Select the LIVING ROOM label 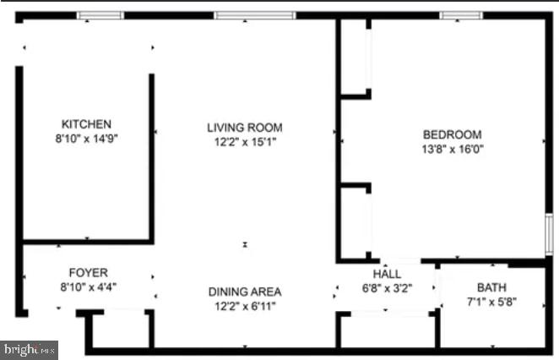[245, 128]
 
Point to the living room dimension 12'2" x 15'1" [245, 141]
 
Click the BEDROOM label [452, 134]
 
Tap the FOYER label [88, 272]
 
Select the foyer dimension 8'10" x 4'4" [88, 286]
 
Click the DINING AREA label [245, 292]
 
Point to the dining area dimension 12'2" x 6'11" [245, 305]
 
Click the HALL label [387, 274]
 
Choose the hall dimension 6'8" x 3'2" [387, 287]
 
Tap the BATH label [491, 287]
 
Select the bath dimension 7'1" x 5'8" [491, 301]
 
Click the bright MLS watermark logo [30, 347]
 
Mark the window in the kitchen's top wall [100, 15]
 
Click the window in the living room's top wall [254, 15]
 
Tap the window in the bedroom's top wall [461, 15]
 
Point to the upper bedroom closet [355, 55]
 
